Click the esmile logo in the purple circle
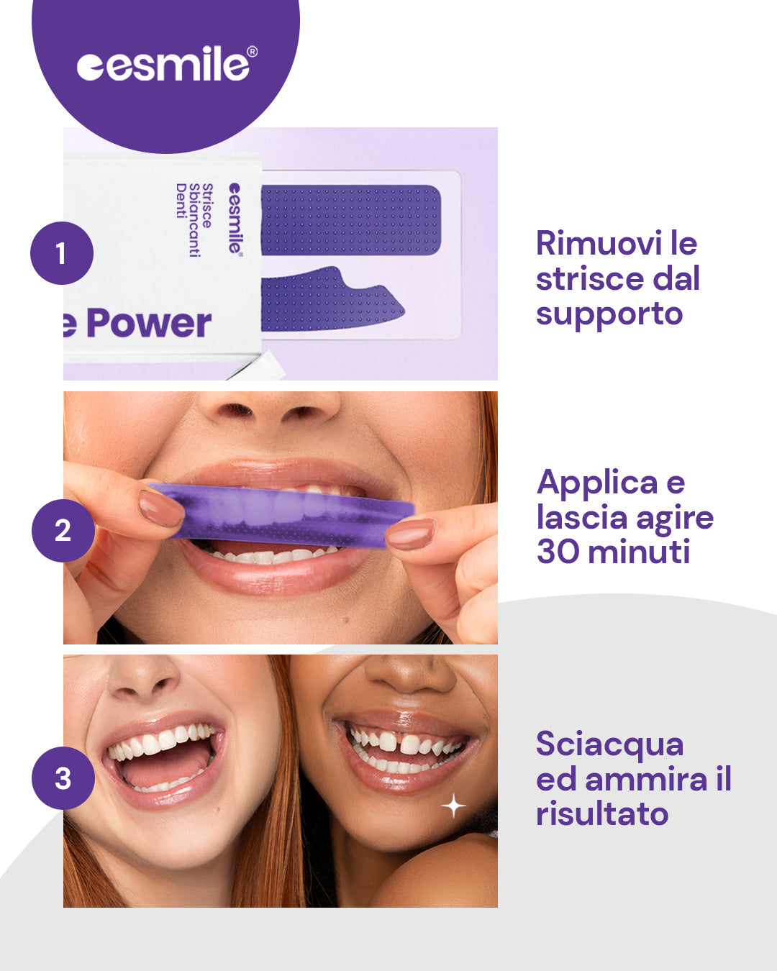[167, 63]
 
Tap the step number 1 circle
[62, 253]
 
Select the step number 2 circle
[63, 531]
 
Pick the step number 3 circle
[63, 778]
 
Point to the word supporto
[609, 314]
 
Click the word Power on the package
[148, 323]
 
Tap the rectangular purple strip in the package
[351, 220]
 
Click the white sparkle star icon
[453, 806]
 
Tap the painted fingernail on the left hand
[161, 509]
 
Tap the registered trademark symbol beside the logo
[253, 52]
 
